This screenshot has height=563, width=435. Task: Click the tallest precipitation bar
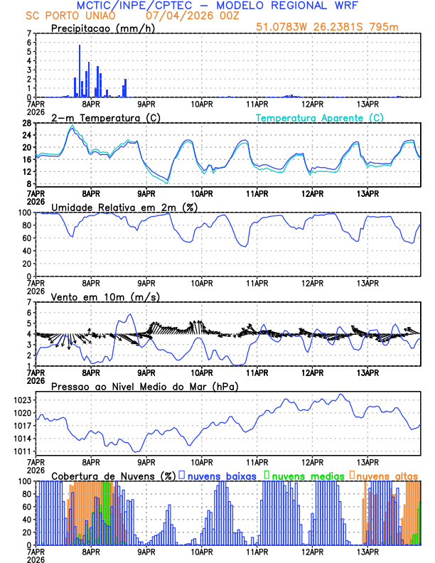tap(80, 71)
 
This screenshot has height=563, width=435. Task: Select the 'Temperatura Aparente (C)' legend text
tap(320, 117)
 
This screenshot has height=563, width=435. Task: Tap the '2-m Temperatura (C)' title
tap(99, 117)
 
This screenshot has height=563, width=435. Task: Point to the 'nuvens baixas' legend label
tap(221, 475)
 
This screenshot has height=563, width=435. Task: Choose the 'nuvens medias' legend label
tap(306, 475)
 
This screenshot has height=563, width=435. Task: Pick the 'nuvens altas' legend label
tap(387, 475)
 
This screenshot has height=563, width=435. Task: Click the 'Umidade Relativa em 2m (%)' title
tap(117, 207)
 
